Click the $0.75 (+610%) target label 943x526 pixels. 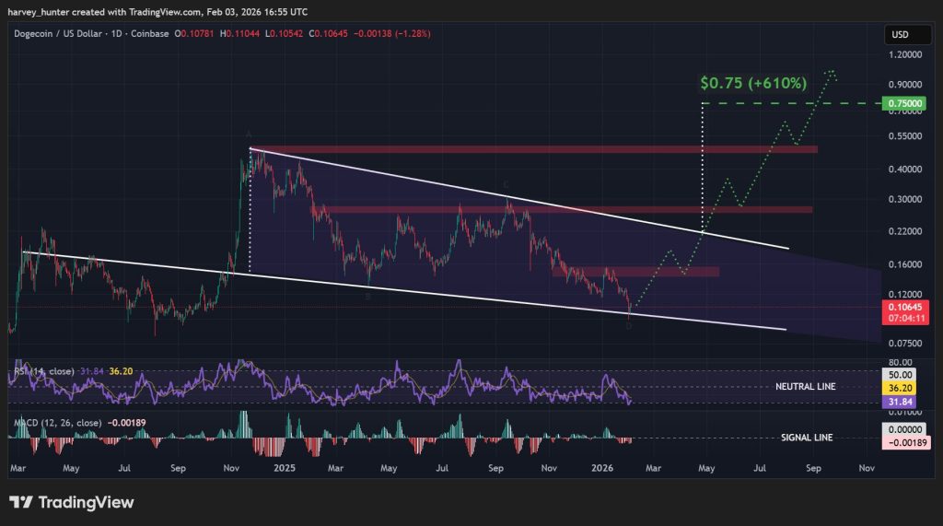point(753,83)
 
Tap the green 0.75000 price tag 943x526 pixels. point(899,104)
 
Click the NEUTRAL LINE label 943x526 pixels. point(806,387)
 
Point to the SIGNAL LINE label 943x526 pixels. point(807,438)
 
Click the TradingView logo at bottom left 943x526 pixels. point(72,502)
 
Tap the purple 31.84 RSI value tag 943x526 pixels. point(899,403)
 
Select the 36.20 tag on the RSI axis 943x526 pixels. point(899,389)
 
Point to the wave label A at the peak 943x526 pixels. point(249,134)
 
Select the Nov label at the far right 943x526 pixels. point(866,468)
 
